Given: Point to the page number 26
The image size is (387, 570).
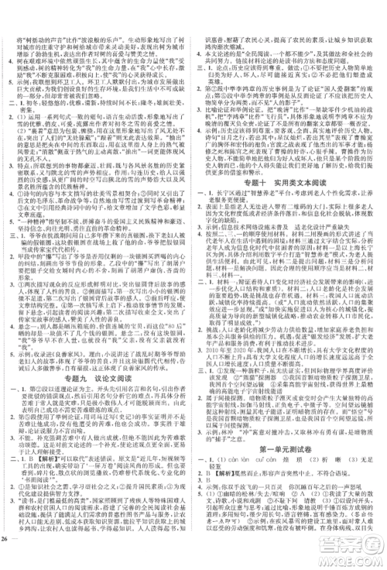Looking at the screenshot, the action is [9, 561].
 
